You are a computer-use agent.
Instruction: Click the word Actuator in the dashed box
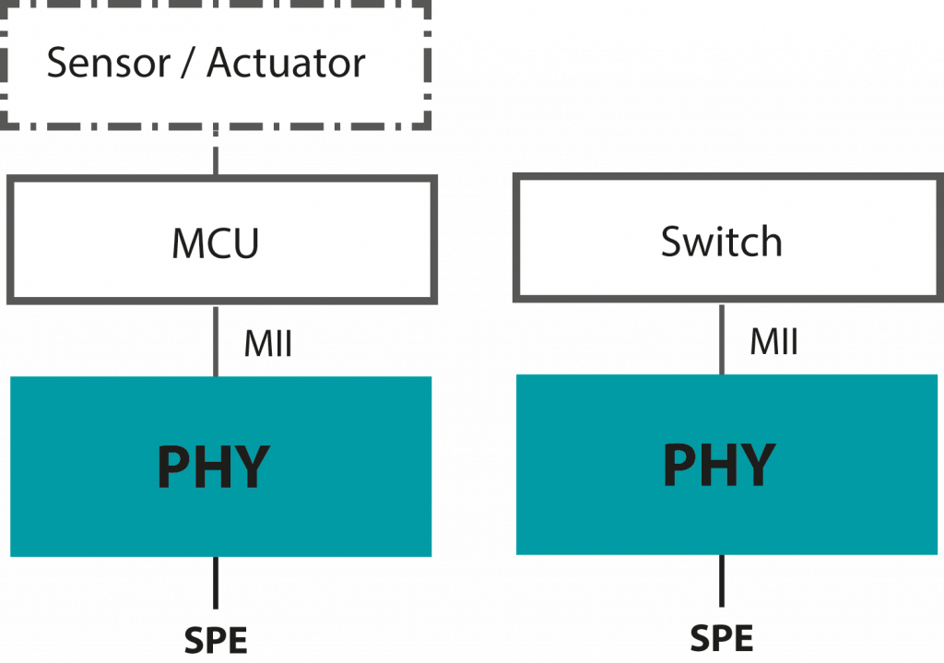[x=286, y=64]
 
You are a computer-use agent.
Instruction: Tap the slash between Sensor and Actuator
[x=192, y=64]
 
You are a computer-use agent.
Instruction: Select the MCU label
[x=216, y=243]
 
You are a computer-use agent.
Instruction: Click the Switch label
[x=722, y=242]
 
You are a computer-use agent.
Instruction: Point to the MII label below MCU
[x=268, y=344]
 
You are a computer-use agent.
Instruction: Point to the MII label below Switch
[x=773, y=342]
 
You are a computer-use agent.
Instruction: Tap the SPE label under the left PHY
[x=216, y=639]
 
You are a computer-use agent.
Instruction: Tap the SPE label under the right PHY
[x=722, y=638]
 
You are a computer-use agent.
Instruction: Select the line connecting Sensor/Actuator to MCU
[x=216, y=151]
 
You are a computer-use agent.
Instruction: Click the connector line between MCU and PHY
[x=216, y=338]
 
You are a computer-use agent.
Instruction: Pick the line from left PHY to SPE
[x=216, y=584]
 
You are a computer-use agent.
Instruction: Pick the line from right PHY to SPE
[x=722, y=582]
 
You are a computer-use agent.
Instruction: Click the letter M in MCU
[x=187, y=243]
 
